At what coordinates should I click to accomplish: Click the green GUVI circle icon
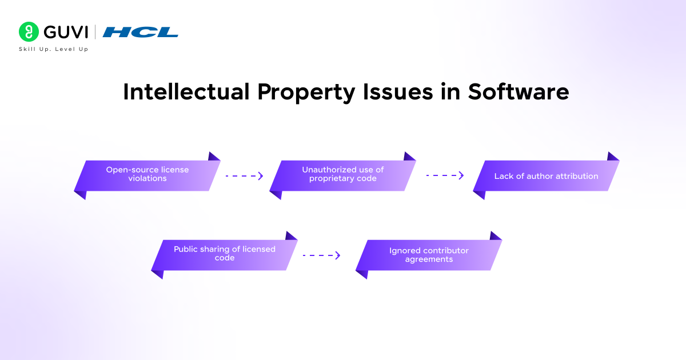click(x=29, y=31)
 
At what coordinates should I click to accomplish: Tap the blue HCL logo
click(x=140, y=32)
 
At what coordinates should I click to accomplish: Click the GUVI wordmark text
click(x=66, y=32)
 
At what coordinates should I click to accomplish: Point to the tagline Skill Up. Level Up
click(x=54, y=49)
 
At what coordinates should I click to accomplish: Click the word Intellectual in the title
click(x=186, y=91)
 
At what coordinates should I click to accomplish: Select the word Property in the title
click(x=306, y=93)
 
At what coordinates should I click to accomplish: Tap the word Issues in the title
click(x=398, y=91)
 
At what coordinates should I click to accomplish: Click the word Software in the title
click(x=519, y=91)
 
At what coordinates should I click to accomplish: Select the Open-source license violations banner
click(x=147, y=176)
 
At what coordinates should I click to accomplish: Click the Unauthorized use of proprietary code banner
click(x=342, y=176)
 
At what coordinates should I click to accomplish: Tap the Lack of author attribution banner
click(x=547, y=176)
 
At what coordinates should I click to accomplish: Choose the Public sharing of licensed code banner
click(x=225, y=255)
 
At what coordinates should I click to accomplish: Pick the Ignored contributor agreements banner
click(x=429, y=255)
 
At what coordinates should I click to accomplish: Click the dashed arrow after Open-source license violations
click(x=245, y=176)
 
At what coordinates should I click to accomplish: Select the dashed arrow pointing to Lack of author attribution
click(x=445, y=175)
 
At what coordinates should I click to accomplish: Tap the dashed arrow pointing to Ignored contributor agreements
click(x=321, y=255)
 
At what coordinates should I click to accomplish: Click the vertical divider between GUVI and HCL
click(x=95, y=32)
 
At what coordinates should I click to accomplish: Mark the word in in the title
click(x=450, y=91)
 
